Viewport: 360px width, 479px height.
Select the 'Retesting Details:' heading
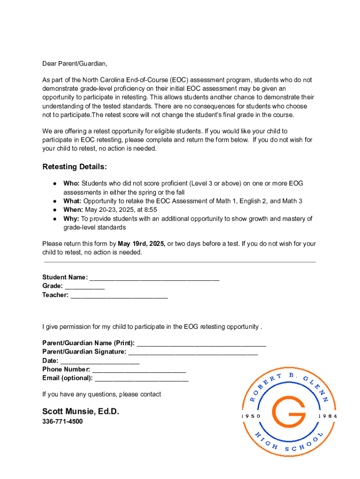(x=75, y=167)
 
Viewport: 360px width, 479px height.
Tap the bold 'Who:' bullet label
(x=72, y=183)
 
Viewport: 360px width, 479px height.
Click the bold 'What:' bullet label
(x=72, y=201)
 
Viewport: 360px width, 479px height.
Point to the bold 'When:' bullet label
(x=73, y=210)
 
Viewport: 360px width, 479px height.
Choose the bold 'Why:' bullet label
(x=72, y=218)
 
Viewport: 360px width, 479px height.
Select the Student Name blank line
(x=154, y=278)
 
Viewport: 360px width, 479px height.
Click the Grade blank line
(x=85, y=287)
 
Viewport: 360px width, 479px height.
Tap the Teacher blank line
(x=119, y=296)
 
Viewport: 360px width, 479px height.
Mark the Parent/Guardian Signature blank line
(x=193, y=352)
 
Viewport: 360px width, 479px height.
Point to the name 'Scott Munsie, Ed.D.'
(x=81, y=412)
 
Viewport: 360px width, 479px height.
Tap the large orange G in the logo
(x=289, y=415)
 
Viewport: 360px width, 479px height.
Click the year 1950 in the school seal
(x=251, y=416)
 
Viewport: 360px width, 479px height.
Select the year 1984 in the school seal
(x=327, y=416)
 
